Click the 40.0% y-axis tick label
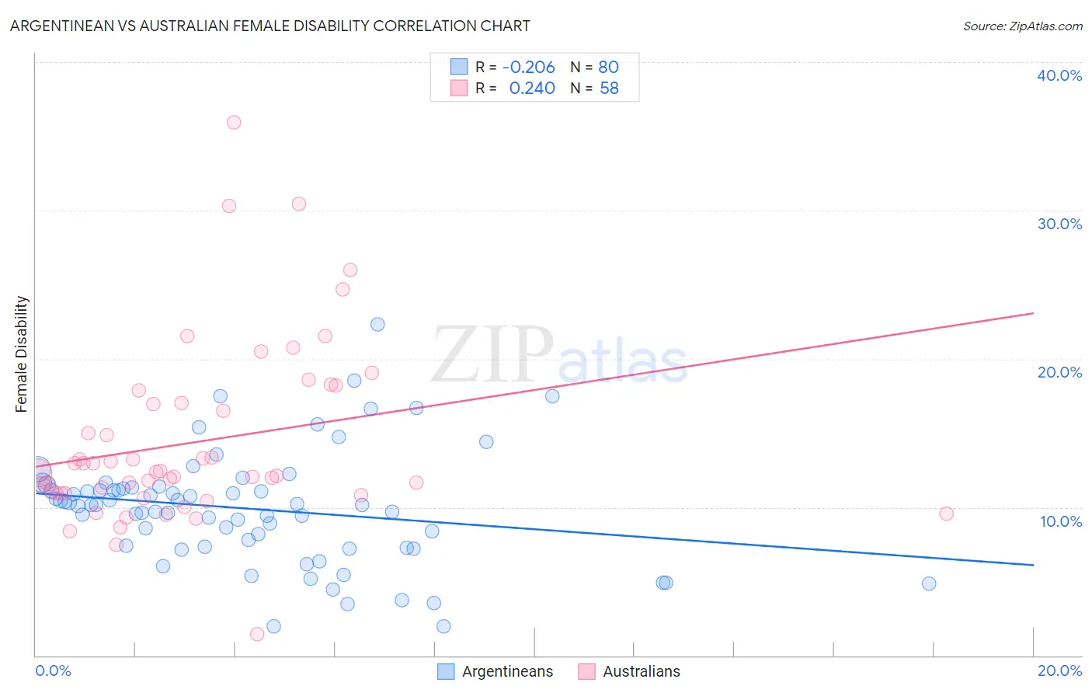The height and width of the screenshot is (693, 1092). (x=1059, y=75)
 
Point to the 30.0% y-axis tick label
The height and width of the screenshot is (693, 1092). (x=1059, y=224)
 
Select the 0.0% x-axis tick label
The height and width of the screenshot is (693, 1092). (x=54, y=670)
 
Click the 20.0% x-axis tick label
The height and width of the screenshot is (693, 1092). (x=1059, y=670)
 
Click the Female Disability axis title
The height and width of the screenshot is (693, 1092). (x=22, y=354)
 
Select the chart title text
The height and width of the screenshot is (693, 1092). (x=270, y=26)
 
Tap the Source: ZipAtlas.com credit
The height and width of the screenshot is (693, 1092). (x=1022, y=26)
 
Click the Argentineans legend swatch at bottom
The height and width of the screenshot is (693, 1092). (x=446, y=671)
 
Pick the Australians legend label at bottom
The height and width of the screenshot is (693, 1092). (x=641, y=671)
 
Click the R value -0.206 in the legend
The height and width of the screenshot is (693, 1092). (x=528, y=67)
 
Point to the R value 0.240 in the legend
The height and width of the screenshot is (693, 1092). (x=531, y=89)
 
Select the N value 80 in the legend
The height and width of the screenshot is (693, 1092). (x=608, y=67)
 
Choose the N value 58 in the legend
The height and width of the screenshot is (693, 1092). (x=609, y=89)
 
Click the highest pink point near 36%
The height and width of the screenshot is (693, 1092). (x=234, y=122)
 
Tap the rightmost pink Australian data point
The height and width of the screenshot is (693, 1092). (x=946, y=514)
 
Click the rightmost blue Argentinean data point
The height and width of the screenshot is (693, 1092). (x=929, y=583)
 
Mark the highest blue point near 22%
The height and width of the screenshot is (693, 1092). (x=377, y=324)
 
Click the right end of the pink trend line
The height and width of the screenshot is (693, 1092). (x=1033, y=313)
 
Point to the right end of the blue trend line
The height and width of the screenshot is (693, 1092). (x=1033, y=565)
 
